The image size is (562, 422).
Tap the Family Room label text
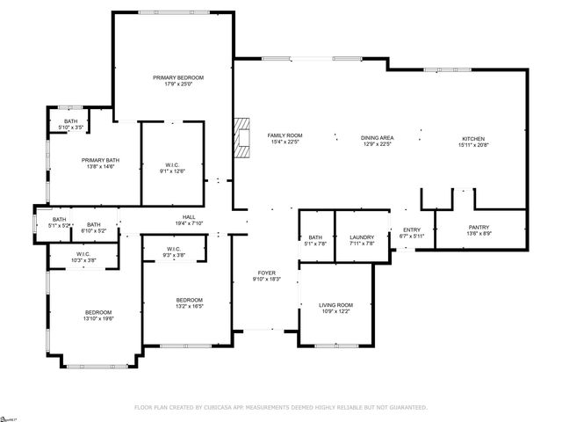[x=285, y=135]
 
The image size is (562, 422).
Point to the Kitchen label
[x=474, y=137]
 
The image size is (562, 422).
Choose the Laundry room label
[x=362, y=237]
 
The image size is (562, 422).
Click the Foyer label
[x=266, y=273]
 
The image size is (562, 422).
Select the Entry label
[x=412, y=231]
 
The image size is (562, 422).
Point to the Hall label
[x=189, y=217]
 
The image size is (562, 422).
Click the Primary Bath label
[x=94, y=160]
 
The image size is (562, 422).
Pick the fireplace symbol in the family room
[x=241, y=136]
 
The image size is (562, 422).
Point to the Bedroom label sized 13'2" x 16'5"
[x=188, y=301]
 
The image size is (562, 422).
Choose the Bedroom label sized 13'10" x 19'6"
[x=97, y=313]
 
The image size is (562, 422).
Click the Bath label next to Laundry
[x=314, y=237]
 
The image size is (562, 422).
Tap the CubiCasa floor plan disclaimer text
[x=280, y=407]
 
